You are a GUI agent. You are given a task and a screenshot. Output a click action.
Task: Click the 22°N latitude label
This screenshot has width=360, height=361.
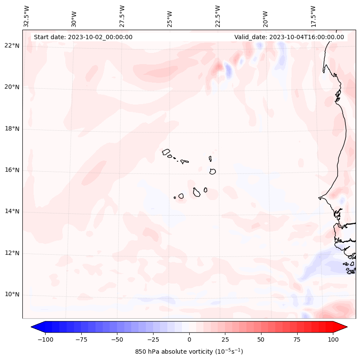(x=12, y=46)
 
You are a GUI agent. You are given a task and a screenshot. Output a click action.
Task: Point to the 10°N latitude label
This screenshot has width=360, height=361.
(x=12, y=295)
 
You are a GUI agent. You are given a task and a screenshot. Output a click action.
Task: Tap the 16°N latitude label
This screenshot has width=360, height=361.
(x=12, y=170)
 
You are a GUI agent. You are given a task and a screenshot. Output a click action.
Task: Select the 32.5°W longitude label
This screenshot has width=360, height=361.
(x=27, y=16)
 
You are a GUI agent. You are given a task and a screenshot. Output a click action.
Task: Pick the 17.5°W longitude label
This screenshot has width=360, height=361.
(x=313, y=16)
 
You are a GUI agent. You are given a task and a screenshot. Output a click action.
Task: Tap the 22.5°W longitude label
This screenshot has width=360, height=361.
(x=218, y=16)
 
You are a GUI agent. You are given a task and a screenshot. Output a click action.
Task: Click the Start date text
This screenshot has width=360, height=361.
(x=83, y=37)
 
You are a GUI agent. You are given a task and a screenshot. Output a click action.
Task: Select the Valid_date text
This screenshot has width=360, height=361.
(x=289, y=37)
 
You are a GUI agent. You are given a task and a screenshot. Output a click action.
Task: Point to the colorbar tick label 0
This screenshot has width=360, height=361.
(x=189, y=339)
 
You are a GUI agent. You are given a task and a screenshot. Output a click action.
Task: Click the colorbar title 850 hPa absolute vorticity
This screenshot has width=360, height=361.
(x=189, y=352)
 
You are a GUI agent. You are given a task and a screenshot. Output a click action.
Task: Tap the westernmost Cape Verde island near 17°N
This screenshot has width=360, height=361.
(x=166, y=151)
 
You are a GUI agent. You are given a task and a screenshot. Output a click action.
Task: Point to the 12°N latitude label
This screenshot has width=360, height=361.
(x=12, y=253)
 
